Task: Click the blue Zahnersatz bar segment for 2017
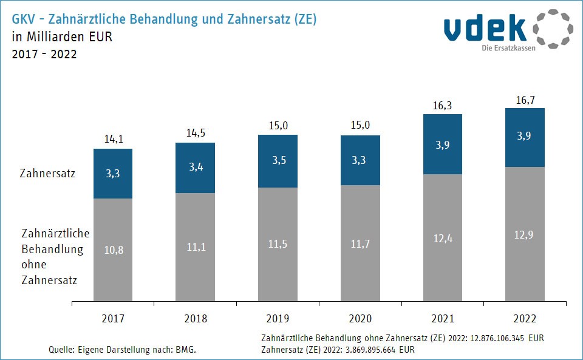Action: (113, 174)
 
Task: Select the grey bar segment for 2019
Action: (278, 244)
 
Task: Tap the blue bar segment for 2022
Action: (525, 137)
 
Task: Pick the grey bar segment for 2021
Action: (442, 237)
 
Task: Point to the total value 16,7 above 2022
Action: (525, 100)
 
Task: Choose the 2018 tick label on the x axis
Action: (196, 318)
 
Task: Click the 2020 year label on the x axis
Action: (360, 318)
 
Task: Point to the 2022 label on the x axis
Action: (525, 318)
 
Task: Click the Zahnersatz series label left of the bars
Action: (48, 174)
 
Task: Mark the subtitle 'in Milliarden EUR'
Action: (62, 36)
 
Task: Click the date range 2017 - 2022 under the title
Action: (44, 54)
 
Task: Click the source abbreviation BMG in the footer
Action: (186, 350)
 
